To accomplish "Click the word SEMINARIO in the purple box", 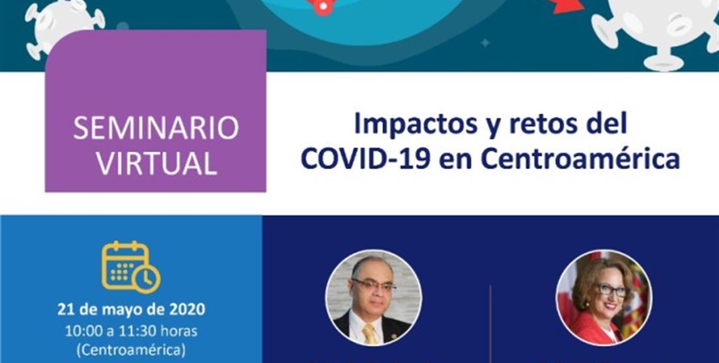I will [x=156, y=129].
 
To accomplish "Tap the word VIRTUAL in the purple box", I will [x=156, y=163].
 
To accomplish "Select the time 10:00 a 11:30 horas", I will [x=131, y=330].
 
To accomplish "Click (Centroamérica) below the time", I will [x=131, y=349].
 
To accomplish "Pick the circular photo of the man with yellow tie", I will [x=373, y=296].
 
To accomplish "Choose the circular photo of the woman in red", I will [x=604, y=296].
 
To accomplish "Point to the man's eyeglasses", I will [x=373, y=284].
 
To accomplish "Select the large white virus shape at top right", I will [x=658, y=29].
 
